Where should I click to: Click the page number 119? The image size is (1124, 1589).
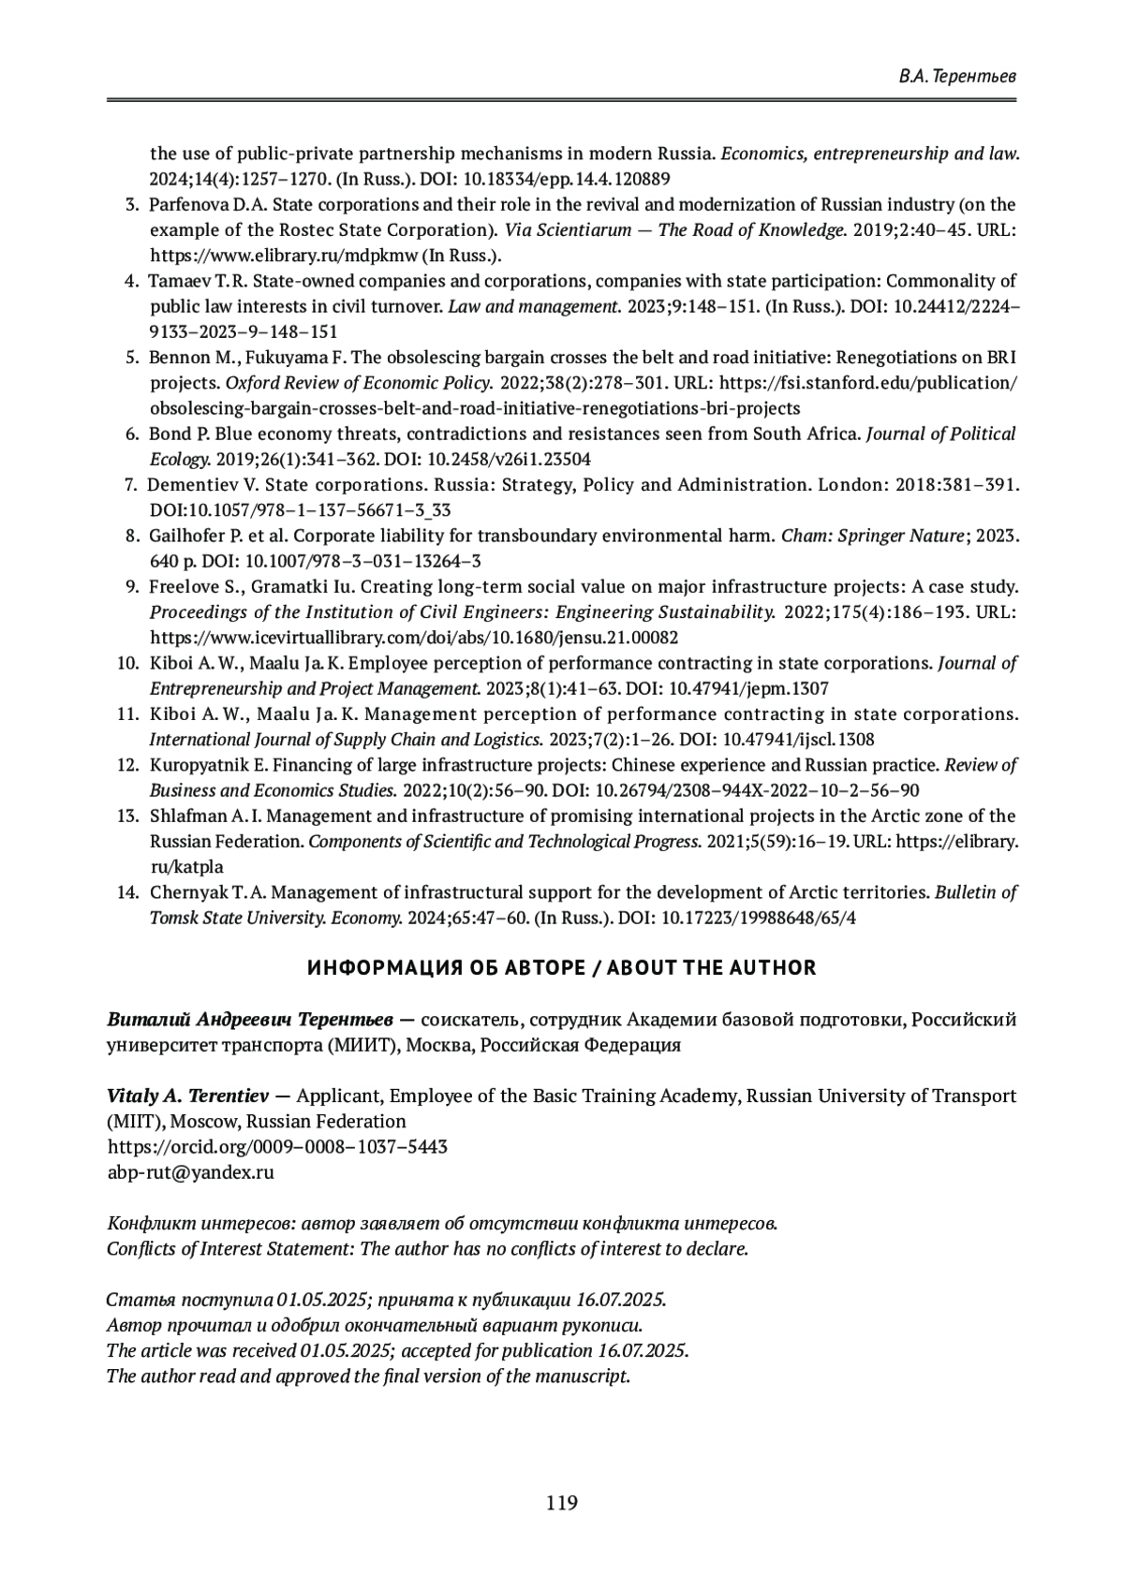pyautogui.click(x=562, y=1503)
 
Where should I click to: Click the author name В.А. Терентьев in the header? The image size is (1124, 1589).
pyautogui.click(x=956, y=77)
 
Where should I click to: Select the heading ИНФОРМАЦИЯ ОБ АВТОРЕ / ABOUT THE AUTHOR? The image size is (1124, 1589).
pyautogui.click(x=562, y=968)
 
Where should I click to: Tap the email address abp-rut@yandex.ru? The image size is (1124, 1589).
pyautogui.click(x=191, y=1171)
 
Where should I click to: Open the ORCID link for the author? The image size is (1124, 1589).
pyautogui.click(x=277, y=1146)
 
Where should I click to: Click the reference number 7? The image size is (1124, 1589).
pyautogui.click(x=130, y=485)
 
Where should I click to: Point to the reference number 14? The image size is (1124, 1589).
pyautogui.click(x=127, y=892)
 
